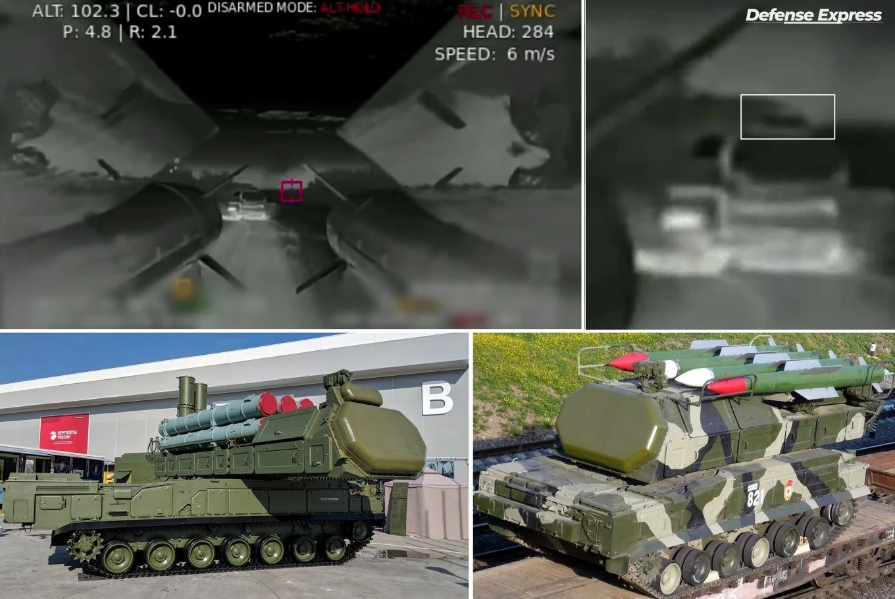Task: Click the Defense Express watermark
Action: click(813, 16)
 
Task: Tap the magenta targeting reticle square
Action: click(292, 191)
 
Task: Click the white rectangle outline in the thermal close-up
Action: click(787, 117)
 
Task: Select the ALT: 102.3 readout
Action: click(75, 12)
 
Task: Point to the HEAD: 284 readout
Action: click(507, 32)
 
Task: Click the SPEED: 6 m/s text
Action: click(494, 54)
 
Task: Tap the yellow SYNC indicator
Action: click(532, 11)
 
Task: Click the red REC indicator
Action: click(476, 12)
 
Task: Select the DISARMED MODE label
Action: click(263, 8)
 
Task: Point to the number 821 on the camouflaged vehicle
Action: click(755, 497)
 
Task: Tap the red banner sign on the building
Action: click(64, 432)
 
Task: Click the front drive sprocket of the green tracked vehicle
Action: click(85, 547)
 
